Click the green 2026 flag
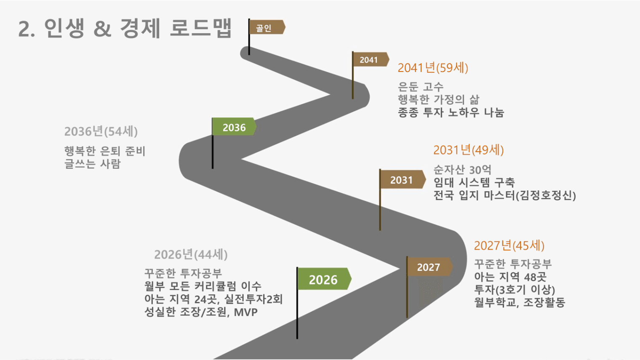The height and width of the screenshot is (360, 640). coord(325,279)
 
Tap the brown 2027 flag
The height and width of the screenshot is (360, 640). coord(430,267)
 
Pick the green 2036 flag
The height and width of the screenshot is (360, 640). coord(234,127)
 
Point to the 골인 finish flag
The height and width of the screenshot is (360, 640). coord(267,27)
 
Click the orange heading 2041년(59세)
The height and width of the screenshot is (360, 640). coord(433,68)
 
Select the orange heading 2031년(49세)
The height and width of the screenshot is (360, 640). coord(469,150)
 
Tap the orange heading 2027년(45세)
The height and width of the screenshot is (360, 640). coord(509,245)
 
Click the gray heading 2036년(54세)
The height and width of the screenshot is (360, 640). coord(101,131)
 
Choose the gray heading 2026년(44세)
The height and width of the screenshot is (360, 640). coord(191,254)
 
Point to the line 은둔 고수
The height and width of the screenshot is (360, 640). coord(421,87)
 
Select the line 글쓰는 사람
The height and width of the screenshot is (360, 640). coord(93,164)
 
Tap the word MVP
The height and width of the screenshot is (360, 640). coord(246,312)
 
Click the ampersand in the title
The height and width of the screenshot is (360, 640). coord(102,29)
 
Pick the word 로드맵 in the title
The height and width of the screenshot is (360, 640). coord(201,28)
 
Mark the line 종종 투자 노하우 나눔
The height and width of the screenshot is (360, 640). coord(451,112)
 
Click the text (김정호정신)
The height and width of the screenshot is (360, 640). coord(546,195)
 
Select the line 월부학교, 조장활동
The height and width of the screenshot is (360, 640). coord(520,302)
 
